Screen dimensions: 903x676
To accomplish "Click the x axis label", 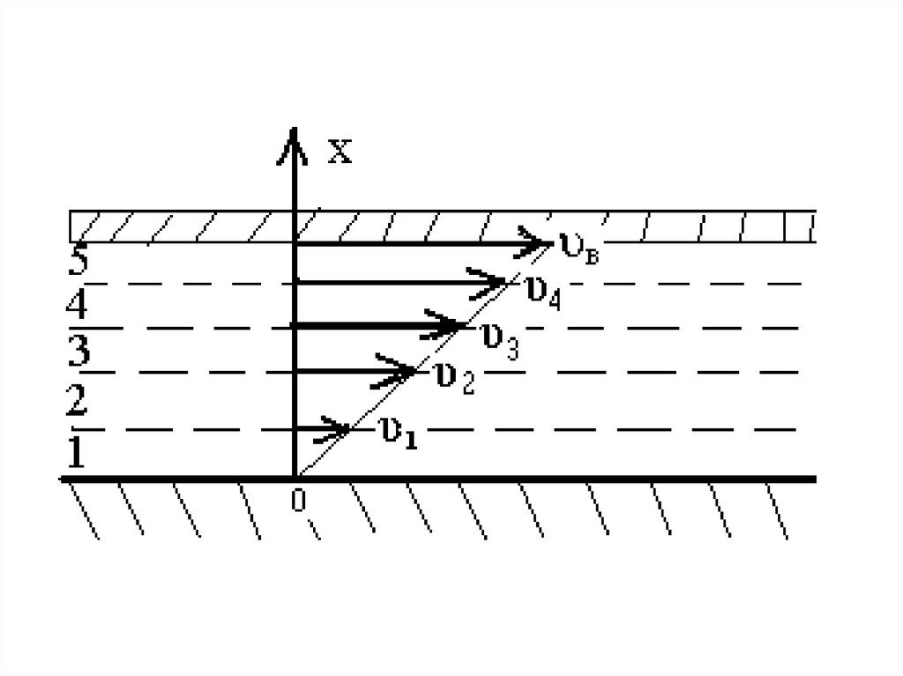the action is click(x=340, y=152).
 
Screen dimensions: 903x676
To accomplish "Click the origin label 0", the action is click(x=298, y=501).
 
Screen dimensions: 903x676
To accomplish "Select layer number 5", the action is click(x=78, y=262).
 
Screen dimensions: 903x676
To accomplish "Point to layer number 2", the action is click(x=77, y=401).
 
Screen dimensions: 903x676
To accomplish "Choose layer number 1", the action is click(x=77, y=454).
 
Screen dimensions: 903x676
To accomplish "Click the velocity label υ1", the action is click(x=396, y=432).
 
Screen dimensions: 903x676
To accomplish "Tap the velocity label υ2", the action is click(x=454, y=379).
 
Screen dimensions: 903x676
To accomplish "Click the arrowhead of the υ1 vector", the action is click(x=340, y=429).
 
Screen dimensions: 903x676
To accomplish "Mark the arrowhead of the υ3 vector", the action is click(x=450, y=326).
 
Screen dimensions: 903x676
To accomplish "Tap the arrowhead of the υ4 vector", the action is click(x=494, y=282).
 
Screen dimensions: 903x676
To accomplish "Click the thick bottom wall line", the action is click(x=573, y=479).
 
